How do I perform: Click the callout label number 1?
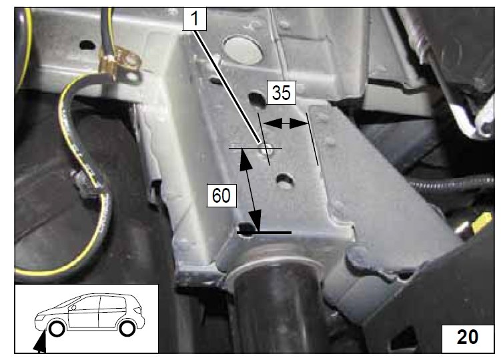[x=195, y=19]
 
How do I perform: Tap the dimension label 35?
[x=281, y=93]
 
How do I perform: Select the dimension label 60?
[x=221, y=195]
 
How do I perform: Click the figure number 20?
[x=468, y=337]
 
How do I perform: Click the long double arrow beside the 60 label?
[x=251, y=190]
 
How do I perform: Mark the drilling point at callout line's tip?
[x=266, y=149]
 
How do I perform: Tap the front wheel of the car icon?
[x=57, y=329]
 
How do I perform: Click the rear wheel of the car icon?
[x=127, y=328]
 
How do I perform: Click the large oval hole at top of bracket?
[x=243, y=49]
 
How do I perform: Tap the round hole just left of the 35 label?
[x=257, y=99]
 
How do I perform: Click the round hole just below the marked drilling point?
[x=285, y=181]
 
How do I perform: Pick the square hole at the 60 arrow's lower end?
[x=246, y=229]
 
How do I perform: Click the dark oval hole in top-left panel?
[x=87, y=45]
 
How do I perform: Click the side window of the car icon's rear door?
[x=112, y=303]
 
